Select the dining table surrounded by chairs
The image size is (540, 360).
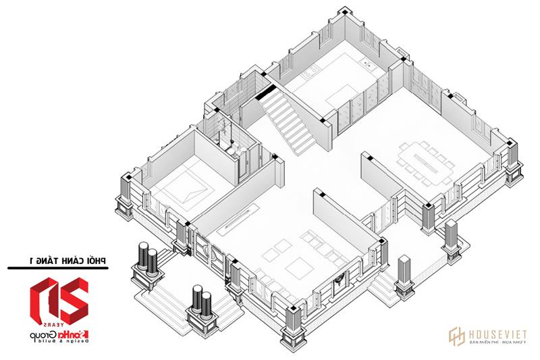coord(425,163)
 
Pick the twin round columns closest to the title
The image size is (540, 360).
coord(148,260)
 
